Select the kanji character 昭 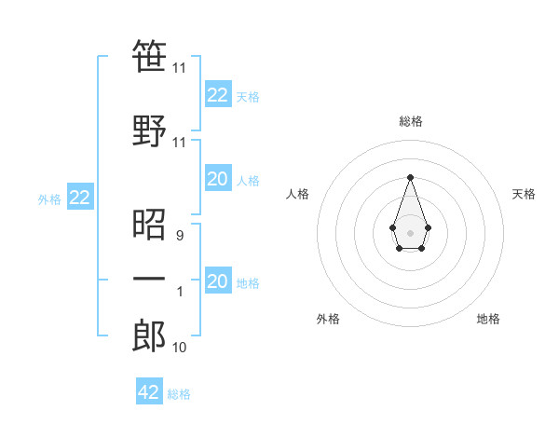pos(149,225)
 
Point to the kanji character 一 pos(149,279)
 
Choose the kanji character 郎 pos(149,335)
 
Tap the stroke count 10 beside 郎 pos(180,348)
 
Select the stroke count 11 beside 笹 pos(180,68)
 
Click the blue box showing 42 pos(149,392)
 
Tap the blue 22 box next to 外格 pos(79,198)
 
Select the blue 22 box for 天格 pos(217,95)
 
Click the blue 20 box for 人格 pos(217,180)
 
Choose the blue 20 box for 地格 pos(217,281)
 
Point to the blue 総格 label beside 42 pos(179,394)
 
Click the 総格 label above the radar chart pos(410,121)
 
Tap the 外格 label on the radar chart pos(327,319)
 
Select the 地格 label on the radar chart pos(488,319)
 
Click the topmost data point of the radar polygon pos(410,176)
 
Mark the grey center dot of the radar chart pos(410,231)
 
